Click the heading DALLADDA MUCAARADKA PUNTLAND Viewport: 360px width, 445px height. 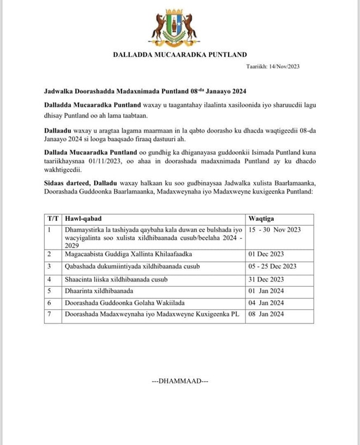point(180,54)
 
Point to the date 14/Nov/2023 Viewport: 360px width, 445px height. point(279,66)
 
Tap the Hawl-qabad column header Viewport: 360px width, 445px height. point(81,218)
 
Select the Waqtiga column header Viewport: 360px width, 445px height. point(262,218)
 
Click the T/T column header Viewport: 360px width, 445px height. point(53,218)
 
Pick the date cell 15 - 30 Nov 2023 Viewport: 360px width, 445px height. point(274,230)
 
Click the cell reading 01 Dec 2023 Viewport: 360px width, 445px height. point(266,254)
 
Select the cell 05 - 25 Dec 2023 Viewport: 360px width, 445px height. point(272,266)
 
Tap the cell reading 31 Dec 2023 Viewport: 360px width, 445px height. point(266,279)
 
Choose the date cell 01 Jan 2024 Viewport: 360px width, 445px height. point(266,291)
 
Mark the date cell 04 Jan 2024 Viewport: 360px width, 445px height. point(266,303)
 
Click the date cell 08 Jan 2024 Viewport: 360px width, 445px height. point(266,314)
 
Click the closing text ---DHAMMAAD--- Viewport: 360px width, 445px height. point(180,381)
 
